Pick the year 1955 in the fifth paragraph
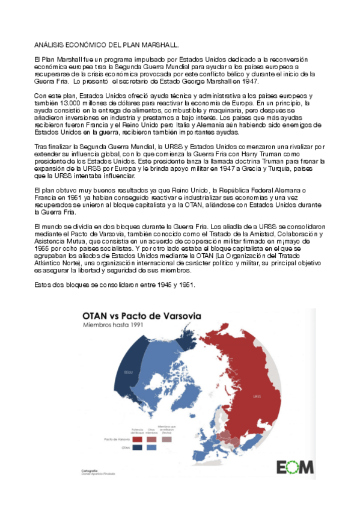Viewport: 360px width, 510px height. (x=44, y=246)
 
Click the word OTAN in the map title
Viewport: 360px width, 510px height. (x=94, y=315)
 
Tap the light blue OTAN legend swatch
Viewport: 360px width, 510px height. (x=152, y=447)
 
